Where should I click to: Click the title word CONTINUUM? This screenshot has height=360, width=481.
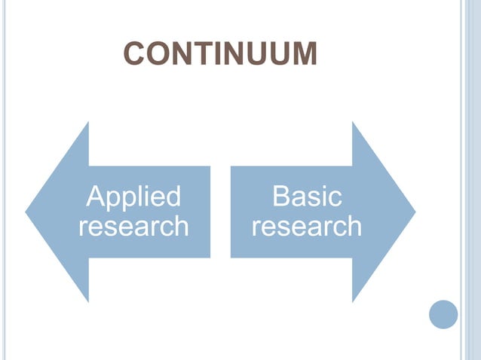220,54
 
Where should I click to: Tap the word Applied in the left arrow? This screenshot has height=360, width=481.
133,197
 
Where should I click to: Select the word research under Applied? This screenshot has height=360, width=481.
133,225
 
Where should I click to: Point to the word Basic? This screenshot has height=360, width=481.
307,197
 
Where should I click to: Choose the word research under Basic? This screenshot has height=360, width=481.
307,225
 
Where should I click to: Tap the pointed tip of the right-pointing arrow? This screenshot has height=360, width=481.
414,212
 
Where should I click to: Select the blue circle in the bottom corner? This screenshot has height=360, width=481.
443,314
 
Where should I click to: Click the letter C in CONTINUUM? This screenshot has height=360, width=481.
134,54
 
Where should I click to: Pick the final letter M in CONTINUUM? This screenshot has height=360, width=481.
304,54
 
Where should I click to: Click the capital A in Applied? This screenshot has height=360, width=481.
96,197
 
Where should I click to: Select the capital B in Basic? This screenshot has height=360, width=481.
282,197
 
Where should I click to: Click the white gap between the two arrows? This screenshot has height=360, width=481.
220,212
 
